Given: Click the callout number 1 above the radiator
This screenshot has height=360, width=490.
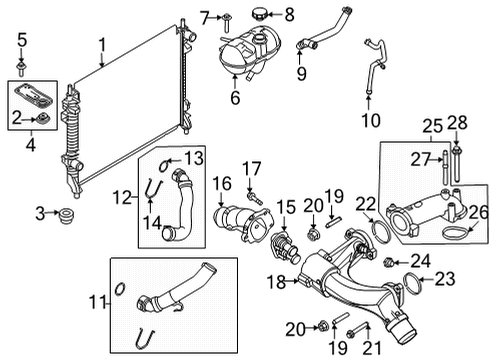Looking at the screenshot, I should [x=102, y=43].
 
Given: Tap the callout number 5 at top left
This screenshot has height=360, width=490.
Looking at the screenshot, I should [x=22, y=41].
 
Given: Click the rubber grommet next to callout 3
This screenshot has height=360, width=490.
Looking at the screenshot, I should [x=68, y=213].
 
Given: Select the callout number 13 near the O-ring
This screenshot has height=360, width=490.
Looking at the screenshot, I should [x=192, y=157].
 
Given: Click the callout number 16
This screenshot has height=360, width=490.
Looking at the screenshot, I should [x=222, y=183].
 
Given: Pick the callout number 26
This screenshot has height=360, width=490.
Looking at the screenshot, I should [x=476, y=211].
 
